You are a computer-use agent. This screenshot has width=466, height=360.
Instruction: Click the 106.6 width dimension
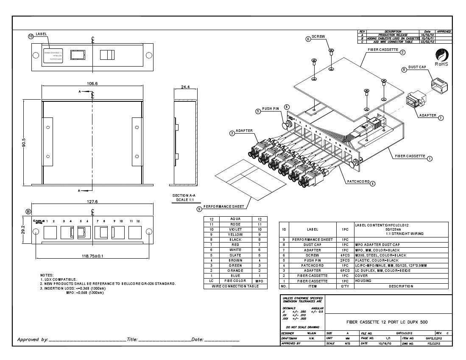pos(92,84)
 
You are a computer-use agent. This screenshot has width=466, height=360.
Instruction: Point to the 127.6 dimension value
pos(92,202)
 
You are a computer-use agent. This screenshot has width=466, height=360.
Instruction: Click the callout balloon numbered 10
pos(31,36)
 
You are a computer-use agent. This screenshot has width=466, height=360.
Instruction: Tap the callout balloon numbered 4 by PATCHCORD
pos(372,184)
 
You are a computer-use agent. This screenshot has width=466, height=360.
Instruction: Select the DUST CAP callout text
pos(417,67)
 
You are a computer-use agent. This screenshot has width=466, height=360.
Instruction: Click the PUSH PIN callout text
pos(270,109)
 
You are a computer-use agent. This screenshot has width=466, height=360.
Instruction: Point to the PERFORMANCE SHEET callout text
pos(224,207)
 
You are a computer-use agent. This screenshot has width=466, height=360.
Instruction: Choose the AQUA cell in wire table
pos(235,219)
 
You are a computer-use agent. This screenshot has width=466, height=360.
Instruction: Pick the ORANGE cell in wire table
pos(235,270)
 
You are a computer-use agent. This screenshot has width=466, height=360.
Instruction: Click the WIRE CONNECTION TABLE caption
pos(235,286)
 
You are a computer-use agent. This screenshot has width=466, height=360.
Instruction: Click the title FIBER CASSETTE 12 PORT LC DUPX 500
pos(390,322)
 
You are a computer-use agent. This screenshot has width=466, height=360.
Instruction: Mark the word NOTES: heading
pos(47,275)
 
